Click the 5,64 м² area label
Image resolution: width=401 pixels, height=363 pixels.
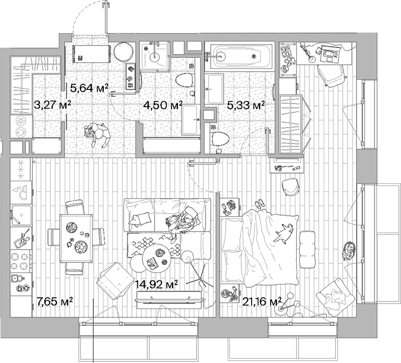(90, 88)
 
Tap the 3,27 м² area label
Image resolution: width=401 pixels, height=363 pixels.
(52, 104)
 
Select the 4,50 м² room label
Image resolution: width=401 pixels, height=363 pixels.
(163, 105)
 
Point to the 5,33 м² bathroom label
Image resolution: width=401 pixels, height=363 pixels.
(246, 105)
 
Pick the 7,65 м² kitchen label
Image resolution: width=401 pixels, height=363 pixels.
(54, 302)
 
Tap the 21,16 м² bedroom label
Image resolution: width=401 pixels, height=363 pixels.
(262, 302)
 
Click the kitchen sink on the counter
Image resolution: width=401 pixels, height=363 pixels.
(22, 215)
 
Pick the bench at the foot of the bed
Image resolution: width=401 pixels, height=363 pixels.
(307, 250)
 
